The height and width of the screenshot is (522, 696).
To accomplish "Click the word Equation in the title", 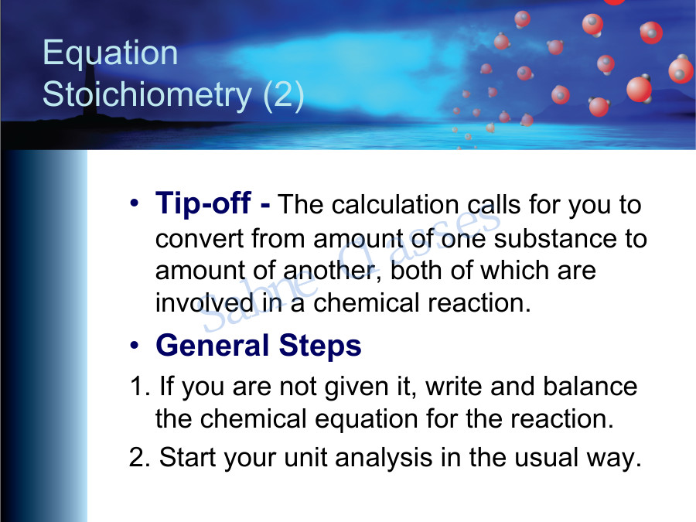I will tap(110, 53).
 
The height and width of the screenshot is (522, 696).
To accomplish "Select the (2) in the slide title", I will tap(283, 94).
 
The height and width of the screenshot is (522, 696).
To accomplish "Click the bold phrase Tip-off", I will tap(213, 204).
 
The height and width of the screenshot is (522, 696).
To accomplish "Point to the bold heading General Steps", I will tap(258, 345).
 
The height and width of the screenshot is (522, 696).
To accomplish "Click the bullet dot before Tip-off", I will tap(135, 204).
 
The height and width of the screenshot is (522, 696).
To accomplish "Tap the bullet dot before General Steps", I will tap(135, 345).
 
